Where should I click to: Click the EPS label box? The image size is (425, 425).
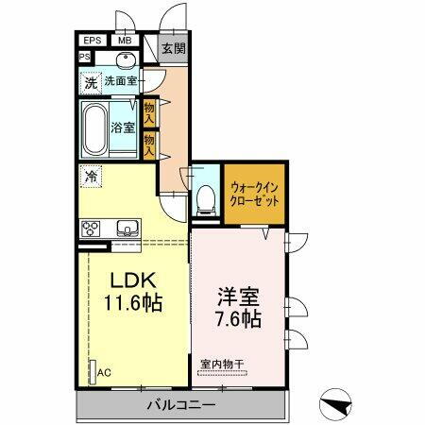point(93,41)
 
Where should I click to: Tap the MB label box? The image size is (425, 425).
point(125,41)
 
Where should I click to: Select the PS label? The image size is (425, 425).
point(84,58)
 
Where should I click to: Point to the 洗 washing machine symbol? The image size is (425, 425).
point(90,82)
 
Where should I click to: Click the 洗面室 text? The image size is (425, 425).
point(121,82)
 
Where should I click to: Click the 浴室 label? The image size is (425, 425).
point(123,126)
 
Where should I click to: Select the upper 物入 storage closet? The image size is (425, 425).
point(148,111)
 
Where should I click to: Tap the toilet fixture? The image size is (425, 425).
point(204,197)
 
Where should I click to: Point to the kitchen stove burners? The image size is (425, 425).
point(93,229)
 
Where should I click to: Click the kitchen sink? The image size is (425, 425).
point(126,229)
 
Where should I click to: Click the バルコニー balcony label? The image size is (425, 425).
point(180,404)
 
